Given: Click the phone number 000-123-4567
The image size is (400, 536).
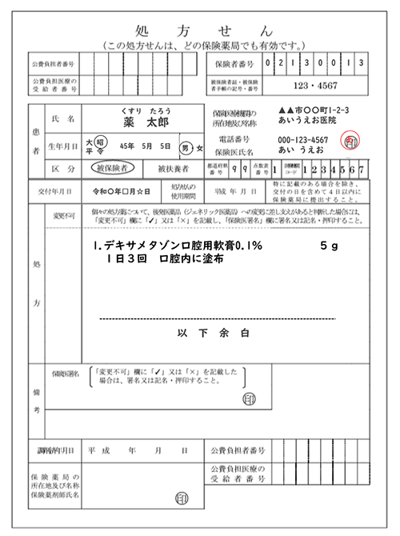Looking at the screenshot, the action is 307,140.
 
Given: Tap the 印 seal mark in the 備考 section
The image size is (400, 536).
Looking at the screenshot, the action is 251,398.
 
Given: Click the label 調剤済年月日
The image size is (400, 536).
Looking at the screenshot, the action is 52,450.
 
